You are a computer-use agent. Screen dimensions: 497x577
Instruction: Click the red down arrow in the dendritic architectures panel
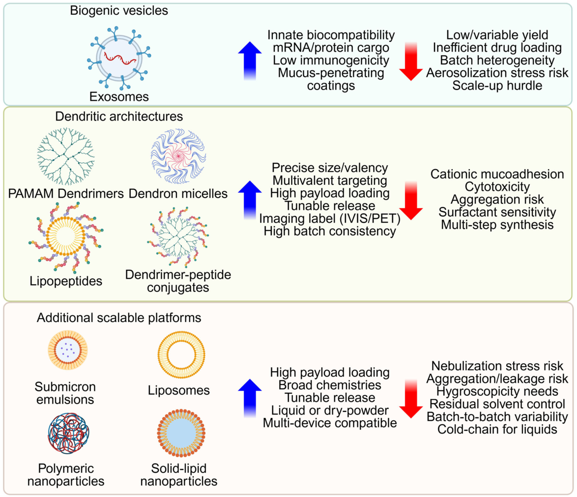[x=411, y=199]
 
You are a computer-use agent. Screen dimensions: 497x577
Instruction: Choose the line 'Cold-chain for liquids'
[x=497, y=430]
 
